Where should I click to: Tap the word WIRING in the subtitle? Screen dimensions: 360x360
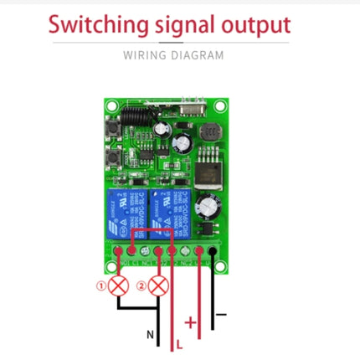click(x=144, y=56)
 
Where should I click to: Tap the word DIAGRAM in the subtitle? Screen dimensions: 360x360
click(x=198, y=56)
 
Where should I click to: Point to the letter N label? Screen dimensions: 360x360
click(x=152, y=336)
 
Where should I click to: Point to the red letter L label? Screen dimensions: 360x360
click(x=178, y=342)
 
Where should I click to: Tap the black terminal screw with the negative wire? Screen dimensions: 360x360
click(x=214, y=249)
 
